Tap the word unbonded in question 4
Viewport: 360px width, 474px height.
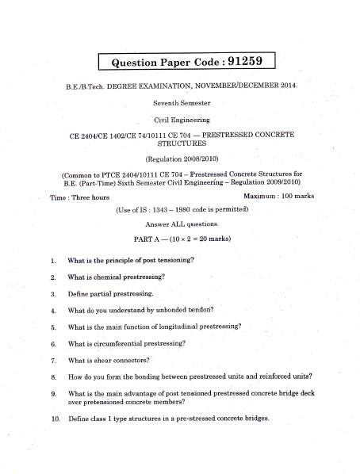[170, 310]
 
